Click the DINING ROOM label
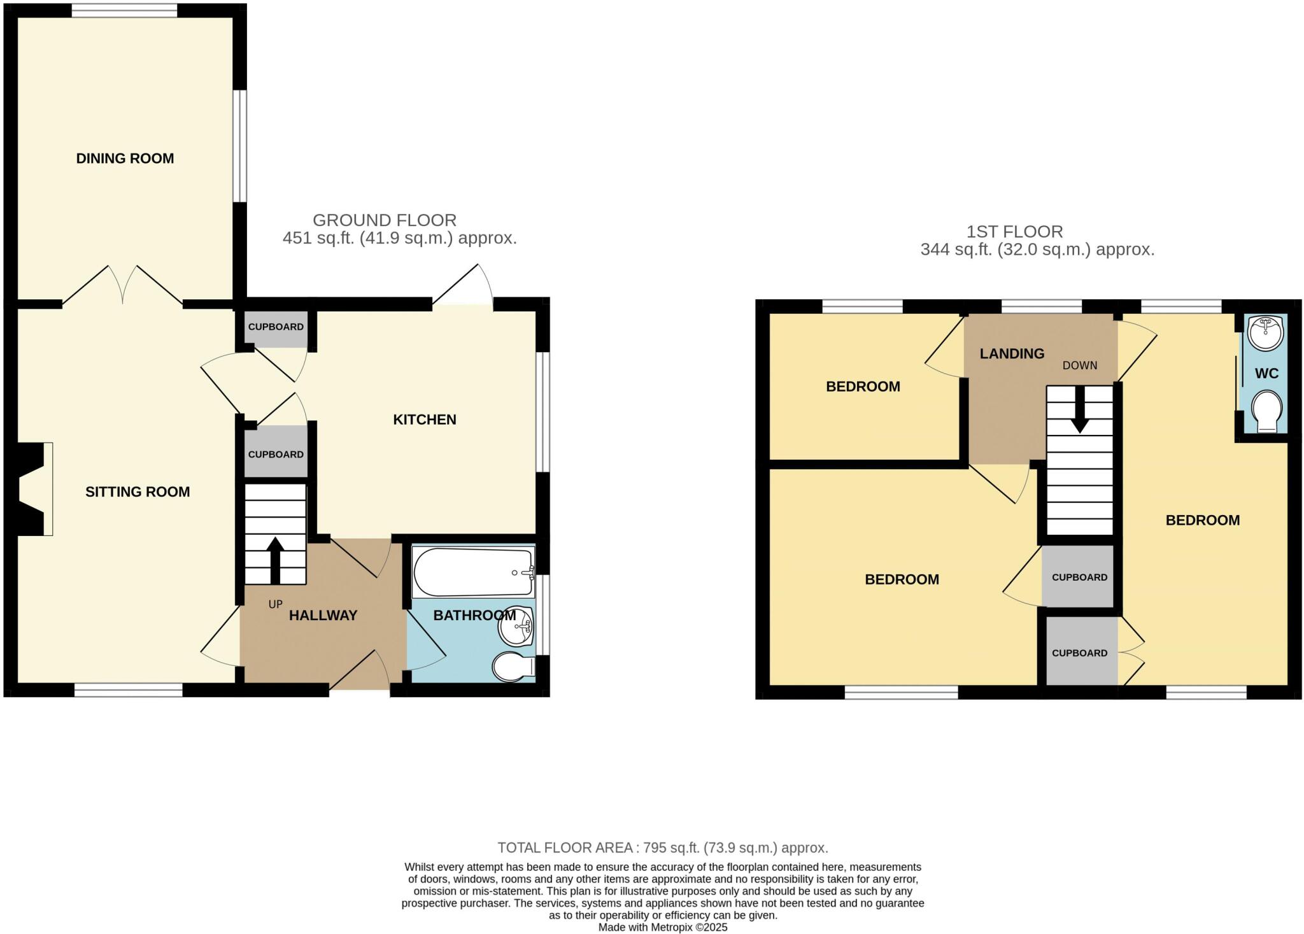[x=125, y=159]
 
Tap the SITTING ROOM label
[x=138, y=492]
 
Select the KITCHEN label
[x=424, y=420]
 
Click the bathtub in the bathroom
[x=472, y=572]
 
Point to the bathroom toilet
[x=513, y=667]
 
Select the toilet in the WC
[x=1266, y=412]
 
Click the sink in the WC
[x=1266, y=332]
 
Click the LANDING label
[x=1012, y=353]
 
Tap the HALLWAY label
[x=323, y=615]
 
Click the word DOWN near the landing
[x=1080, y=365]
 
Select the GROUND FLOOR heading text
[x=385, y=220]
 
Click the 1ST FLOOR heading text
[x=1014, y=232]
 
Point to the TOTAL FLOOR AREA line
[x=662, y=847]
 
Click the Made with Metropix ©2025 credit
[x=662, y=928]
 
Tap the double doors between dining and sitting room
[x=124, y=285]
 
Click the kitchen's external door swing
[x=463, y=287]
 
